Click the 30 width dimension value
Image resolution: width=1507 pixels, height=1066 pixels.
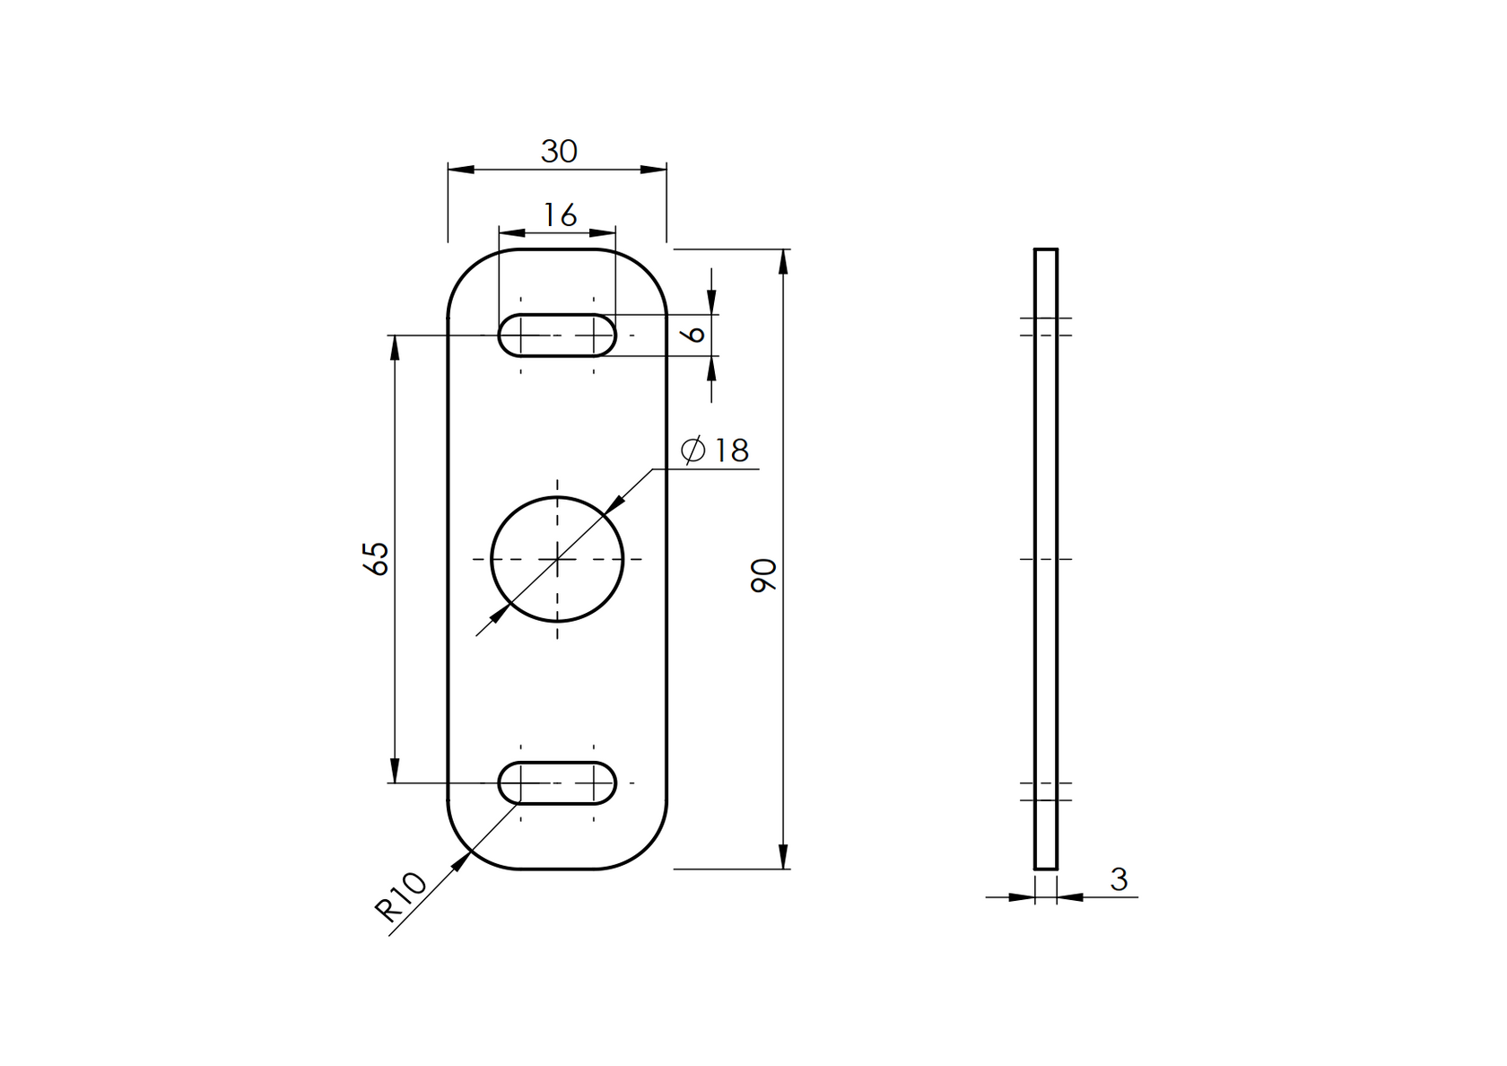pyautogui.click(x=558, y=152)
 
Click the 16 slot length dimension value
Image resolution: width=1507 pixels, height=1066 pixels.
pyautogui.click(x=560, y=215)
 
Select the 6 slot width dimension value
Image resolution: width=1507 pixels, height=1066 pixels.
pyautogui.click(x=693, y=334)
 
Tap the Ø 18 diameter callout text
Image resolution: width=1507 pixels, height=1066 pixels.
pyautogui.click(x=715, y=450)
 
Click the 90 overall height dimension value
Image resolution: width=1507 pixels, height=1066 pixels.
pyautogui.click(x=763, y=574)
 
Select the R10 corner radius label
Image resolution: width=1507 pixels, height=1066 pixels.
pyautogui.click(x=400, y=897)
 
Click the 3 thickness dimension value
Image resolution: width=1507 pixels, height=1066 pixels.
pyautogui.click(x=1118, y=879)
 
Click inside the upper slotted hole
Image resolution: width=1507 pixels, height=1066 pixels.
pyautogui.click(x=557, y=336)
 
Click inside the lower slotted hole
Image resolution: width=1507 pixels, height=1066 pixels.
pyautogui.click(x=557, y=782)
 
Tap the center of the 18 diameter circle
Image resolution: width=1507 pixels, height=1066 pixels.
pyautogui.click(x=557, y=559)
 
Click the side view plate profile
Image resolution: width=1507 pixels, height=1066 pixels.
pyautogui.click(x=1045, y=558)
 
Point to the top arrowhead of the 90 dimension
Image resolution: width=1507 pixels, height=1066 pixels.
pyautogui.click(x=784, y=260)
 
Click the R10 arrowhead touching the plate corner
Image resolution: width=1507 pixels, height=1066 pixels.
pyautogui.click(x=461, y=861)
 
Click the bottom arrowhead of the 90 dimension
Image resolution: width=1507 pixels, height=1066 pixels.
pyautogui.click(x=784, y=857)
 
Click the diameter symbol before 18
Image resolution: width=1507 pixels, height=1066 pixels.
pyautogui.click(x=693, y=450)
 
